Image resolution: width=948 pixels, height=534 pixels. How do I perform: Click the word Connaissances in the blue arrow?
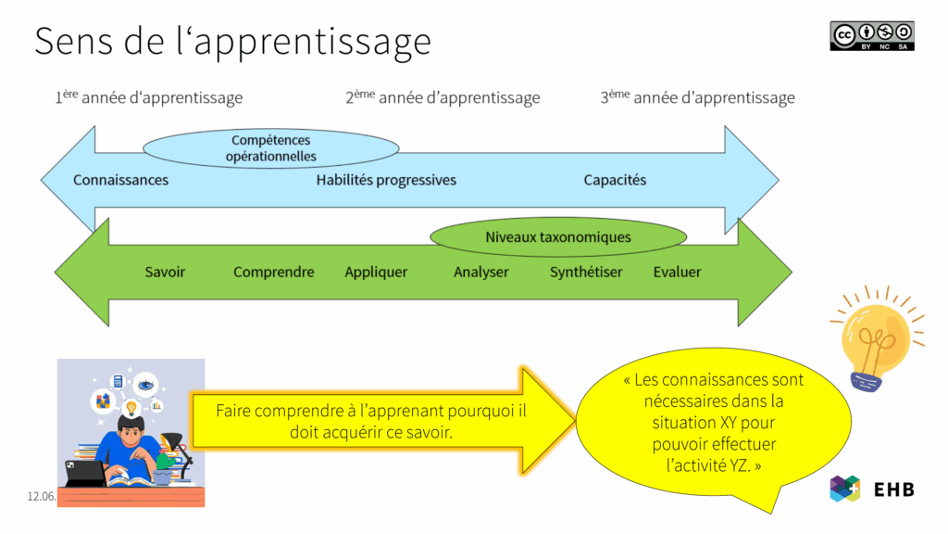point(120,180)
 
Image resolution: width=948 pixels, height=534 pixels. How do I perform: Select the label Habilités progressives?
point(386,180)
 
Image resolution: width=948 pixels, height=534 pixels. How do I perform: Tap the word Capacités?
point(615,180)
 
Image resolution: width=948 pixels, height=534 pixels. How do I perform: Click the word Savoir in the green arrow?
point(165,272)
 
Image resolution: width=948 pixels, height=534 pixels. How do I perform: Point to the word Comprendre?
point(273,272)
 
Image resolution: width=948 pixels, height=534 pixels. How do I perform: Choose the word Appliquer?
point(376,272)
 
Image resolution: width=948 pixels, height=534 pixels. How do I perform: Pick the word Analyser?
point(480,272)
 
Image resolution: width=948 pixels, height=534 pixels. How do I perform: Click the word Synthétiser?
point(586,272)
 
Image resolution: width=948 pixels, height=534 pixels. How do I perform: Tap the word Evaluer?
point(677,272)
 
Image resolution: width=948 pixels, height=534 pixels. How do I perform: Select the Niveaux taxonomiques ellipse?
point(557,237)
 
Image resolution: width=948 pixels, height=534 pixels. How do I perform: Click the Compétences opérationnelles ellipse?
point(271,148)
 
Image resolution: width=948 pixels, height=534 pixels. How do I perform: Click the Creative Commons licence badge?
point(871,35)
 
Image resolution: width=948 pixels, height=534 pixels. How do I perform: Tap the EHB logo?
point(871,489)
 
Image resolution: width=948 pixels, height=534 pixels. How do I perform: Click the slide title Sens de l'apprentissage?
point(232,41)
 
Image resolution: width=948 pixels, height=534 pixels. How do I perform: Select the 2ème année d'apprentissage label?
point(443,97)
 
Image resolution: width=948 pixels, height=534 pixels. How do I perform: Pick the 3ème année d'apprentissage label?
point(697,97)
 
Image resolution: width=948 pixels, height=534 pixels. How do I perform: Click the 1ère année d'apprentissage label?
point(148,97)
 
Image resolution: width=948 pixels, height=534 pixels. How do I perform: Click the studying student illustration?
point(131,432)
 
